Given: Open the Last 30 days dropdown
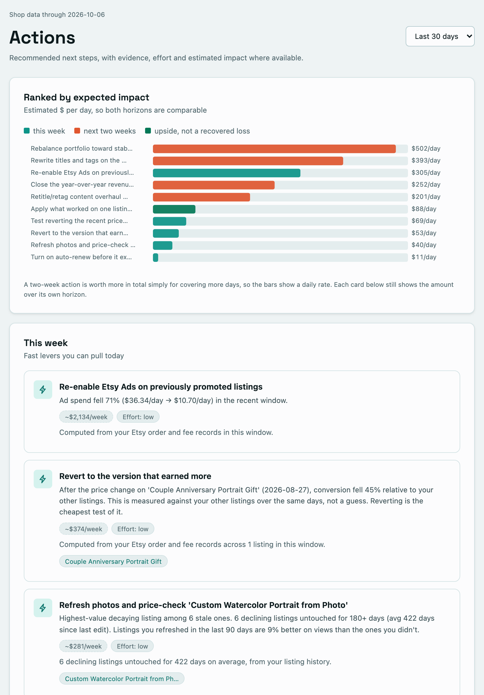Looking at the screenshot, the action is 440,36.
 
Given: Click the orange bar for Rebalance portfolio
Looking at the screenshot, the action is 274,149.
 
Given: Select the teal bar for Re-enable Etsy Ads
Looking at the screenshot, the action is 227,173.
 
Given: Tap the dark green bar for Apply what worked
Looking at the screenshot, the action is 174,209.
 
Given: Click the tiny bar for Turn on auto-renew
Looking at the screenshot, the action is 156,257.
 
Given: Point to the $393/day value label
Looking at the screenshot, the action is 426,161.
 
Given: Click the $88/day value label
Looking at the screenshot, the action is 424,209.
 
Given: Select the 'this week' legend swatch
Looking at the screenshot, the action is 27,131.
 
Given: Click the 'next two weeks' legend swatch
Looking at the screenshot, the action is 77,131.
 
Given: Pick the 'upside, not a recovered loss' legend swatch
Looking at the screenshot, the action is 148,131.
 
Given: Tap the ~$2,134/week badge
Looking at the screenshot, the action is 86,417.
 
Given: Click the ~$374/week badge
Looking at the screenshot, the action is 84,529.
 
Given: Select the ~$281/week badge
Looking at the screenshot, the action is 83,646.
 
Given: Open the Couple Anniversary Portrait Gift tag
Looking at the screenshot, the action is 113,561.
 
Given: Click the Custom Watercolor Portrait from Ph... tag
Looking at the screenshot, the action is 122,679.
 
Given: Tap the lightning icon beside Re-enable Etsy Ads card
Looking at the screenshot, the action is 43,390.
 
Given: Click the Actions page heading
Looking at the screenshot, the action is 42,37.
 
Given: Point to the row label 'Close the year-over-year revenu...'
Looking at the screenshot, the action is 82,185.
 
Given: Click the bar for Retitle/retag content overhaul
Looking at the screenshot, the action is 201,197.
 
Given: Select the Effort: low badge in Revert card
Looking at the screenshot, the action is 133,529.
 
